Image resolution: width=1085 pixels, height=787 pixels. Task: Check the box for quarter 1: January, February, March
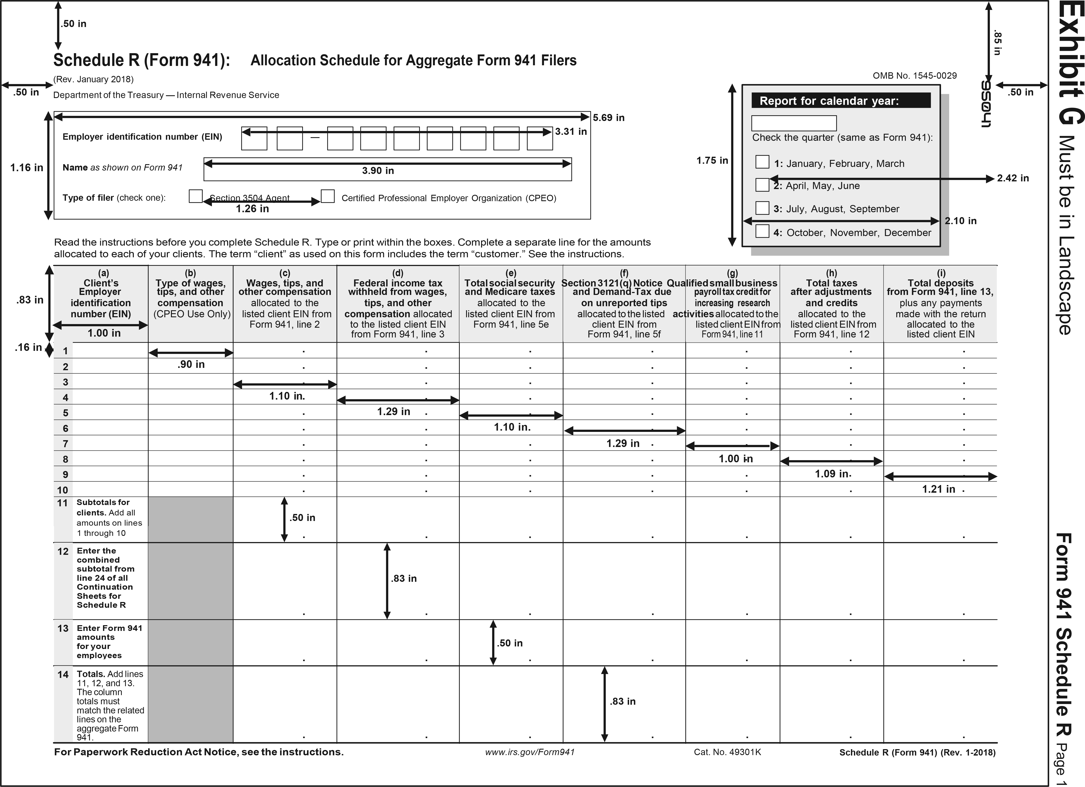coord(762,162)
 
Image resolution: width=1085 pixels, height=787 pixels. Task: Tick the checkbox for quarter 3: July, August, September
coord(762,208)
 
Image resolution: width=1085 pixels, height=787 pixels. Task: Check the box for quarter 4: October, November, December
coord(762,231)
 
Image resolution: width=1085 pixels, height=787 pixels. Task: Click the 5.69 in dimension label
coord(608,118)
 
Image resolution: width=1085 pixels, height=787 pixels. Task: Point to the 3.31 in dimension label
coord(571,131)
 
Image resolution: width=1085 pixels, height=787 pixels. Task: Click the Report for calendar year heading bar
coord(841,100)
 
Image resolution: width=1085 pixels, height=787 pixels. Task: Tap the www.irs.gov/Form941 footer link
coord(530,752)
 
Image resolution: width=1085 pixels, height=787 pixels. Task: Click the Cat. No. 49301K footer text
coord(727,752)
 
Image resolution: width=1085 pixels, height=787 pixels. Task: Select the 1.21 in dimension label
coord(939,489)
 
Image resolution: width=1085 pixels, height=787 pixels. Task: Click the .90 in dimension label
coord(191,364)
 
